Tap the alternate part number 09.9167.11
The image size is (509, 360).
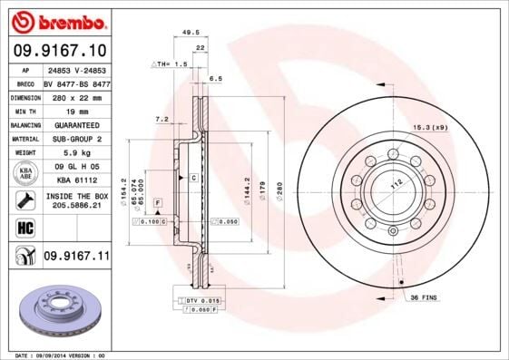tap(77, 258)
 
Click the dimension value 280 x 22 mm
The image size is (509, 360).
tap(76, 96)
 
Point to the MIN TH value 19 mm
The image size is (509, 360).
tap(76, 110)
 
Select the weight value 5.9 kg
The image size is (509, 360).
tap(76, 152)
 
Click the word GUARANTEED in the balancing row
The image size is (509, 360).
tap(76, 124)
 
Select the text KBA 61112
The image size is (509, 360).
tap(76, 180)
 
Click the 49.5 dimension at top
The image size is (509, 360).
tap(191, 31)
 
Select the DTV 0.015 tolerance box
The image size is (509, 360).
tap(202, 298)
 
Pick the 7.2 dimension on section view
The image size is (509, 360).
tap(162, 118)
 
